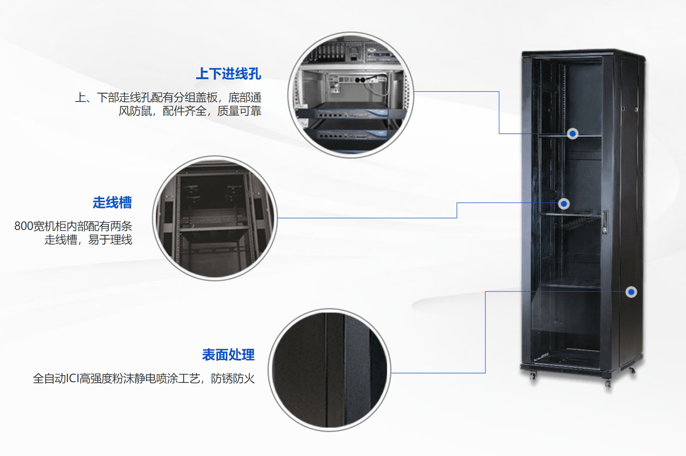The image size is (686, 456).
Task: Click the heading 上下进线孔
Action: tap(228, 73)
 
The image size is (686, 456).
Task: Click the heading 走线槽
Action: tap(112, 202)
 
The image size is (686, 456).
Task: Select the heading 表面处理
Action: tap(228, 354)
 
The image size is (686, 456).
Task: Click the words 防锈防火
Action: tap(233, 379)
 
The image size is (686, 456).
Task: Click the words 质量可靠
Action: tap(239, 111)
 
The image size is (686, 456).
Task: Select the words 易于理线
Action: tap(110, 240)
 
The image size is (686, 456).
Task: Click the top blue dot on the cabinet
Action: tap(573, 133)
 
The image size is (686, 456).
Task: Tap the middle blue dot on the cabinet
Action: tap(564, 203)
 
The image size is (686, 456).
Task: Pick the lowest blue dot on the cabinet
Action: tap(631, 292)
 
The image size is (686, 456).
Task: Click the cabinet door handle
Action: tap(605, 222)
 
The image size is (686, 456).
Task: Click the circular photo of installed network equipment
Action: tap(350, 95)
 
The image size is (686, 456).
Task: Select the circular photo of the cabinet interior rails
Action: tap(215, 218)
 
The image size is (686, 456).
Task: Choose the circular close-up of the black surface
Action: tap(330, 370)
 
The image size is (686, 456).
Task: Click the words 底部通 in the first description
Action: tap(245, 97)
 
